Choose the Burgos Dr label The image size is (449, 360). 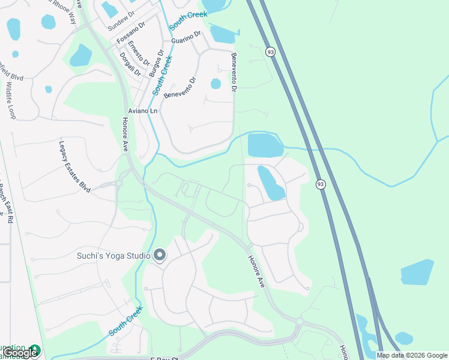click(x=152, y=63)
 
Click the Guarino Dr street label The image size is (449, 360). click(x=185, y=38)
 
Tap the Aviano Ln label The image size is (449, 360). click(x=142, y=112)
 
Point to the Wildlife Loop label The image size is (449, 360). click(x=10, y=99)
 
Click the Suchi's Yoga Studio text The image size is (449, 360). click(x=113, y=256)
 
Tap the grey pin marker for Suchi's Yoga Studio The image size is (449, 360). click(x=160, y=256)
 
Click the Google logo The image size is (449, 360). click(x=20, y=353)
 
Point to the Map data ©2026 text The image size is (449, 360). click(x=411, y=355)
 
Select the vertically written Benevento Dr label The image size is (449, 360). click(x=234, y=72)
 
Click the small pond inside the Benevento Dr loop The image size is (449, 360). click(x=215, y=84)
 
